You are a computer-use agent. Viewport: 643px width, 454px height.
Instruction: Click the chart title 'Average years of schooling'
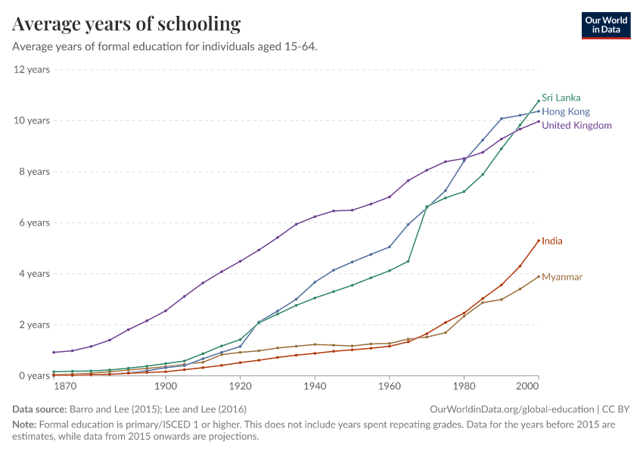click(x=126, y=24)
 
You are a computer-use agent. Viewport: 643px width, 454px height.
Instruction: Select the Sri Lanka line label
click(x=561, y=98)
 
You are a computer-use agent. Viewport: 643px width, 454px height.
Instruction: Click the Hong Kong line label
click(x=566, y=111)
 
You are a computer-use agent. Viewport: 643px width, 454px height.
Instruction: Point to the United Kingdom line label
click(x=576, y=125)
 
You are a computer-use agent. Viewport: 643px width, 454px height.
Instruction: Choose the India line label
click(x=552, y=241)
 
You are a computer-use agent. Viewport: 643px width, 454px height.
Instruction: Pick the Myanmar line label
click(x=562, y=277)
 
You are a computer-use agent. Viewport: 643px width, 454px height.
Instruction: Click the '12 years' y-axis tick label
click(x=32, y=70)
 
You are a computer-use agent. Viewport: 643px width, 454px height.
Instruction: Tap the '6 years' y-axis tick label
click(x=34, y=222)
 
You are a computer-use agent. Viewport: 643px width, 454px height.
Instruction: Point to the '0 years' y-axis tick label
click(x=34, y=375)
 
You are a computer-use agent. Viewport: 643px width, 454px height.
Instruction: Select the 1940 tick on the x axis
click(x=315, y=387)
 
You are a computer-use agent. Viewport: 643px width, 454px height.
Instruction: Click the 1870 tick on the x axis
click(x=66, y=387)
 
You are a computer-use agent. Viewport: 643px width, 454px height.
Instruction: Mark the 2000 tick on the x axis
click(x=528, y=387)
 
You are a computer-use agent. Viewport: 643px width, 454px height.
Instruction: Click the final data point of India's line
click(x=539, y=241)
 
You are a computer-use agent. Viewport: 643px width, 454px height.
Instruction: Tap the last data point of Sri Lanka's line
click(x=539, y=101)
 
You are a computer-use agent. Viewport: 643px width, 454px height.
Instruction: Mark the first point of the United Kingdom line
click(x=54, y=352)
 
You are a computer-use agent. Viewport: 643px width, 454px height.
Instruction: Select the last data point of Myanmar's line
click(x=539, y=276)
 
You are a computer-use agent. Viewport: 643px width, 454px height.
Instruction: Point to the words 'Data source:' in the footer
click(x=39, y=409)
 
